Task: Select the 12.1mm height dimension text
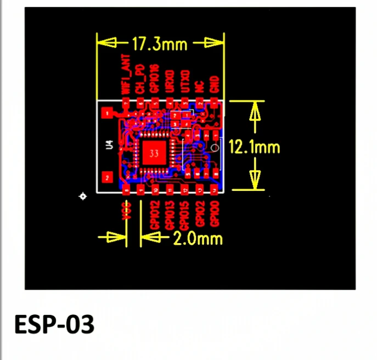click(x=254, y=147)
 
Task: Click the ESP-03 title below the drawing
click(x=54, y=324)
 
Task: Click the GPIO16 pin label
click(x=155, y=80)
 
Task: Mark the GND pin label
click(x=215, y=85)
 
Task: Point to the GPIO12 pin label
click(x=155, y=215)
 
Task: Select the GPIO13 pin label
click(x=170, y=215)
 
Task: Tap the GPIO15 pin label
click(x=185, y=215)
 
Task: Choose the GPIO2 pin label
click(x=200, y=213)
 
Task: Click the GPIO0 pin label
click(x=215, y=213)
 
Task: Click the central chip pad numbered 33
click(x=154, y=154)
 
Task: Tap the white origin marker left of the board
click(x=83, y=196)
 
